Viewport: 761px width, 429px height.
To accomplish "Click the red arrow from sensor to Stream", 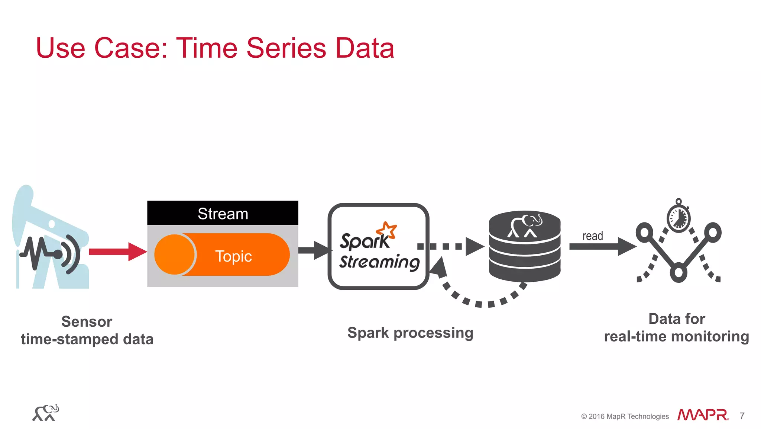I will click(x=117, y=252).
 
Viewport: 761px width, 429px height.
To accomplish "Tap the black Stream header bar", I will click(x=223, y=213).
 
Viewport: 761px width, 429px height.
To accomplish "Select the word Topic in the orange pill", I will click(x=233, y=256).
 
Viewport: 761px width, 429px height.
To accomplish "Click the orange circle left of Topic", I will click(x=174, y=254).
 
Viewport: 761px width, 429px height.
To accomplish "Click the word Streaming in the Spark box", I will click(x=379, y=262).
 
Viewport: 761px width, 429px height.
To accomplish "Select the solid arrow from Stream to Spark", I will click(x=314, y=250).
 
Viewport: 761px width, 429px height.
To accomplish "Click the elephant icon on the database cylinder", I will click(x=525, y=225).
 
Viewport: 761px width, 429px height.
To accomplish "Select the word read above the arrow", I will click(x=592, y=236).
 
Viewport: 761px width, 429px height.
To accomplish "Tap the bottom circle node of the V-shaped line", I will click(x=679, y=272).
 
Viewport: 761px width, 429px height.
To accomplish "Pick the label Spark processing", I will click(x=410, y=333).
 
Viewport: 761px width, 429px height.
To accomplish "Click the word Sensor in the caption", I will click(x=87, y=321).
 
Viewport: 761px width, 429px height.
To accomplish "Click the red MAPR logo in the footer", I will click(x=702, y=415).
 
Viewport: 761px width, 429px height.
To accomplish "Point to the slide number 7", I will click(x=742, y=416).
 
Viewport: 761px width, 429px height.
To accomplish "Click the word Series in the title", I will click(x=286, y=48).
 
